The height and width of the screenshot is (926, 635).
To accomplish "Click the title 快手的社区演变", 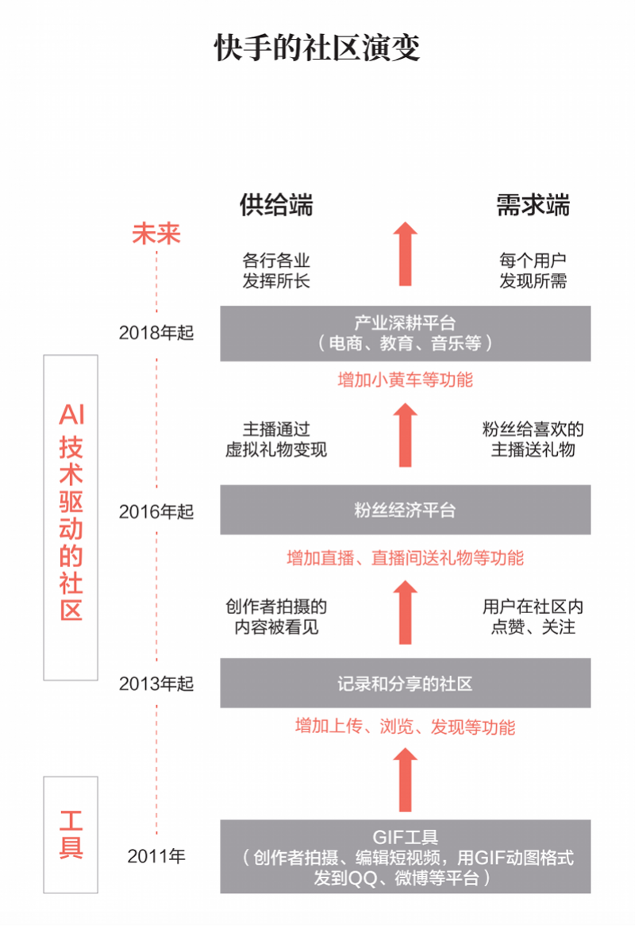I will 317,48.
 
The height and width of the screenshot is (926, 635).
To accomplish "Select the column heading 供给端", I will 276,205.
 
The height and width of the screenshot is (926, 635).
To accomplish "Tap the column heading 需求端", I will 533,205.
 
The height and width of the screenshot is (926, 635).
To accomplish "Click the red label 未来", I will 156,233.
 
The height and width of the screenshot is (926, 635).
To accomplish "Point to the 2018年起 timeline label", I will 156,333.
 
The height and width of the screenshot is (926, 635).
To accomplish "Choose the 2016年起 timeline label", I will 156,511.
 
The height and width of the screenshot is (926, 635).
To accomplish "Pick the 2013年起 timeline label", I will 156,683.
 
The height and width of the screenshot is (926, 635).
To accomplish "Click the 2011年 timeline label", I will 156,856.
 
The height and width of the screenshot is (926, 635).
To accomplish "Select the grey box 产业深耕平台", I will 405,333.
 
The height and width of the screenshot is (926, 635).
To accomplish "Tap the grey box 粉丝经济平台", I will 405,510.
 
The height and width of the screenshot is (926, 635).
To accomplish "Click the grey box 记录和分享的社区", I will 405,683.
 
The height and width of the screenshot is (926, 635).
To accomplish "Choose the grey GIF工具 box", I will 405,857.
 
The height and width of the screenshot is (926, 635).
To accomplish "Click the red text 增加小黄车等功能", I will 405,380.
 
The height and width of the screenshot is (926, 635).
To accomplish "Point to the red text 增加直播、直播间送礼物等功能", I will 405,558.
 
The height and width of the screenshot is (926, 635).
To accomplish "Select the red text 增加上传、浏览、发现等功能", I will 405,727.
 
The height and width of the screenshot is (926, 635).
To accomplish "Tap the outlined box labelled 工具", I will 71,834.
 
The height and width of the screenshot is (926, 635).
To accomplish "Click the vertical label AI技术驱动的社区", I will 71,516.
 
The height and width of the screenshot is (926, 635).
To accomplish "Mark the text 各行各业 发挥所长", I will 275,271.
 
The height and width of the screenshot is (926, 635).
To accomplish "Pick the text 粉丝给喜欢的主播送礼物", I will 533,439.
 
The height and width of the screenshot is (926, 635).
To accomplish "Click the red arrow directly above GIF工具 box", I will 405,780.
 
